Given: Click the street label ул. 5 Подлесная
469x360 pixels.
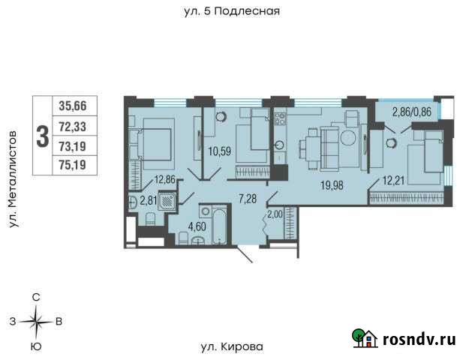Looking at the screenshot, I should [231, 11].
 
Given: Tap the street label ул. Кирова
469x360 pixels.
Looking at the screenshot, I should [232, 346].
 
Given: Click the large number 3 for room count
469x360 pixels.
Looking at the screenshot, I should [42, 136].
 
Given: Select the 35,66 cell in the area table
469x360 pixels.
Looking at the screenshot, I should [76, 106].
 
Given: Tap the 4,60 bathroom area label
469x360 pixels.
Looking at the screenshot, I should [197, 226].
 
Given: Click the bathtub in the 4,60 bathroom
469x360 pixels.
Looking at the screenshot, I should [218, 226].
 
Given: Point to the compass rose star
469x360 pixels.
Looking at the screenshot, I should [35, 322].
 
